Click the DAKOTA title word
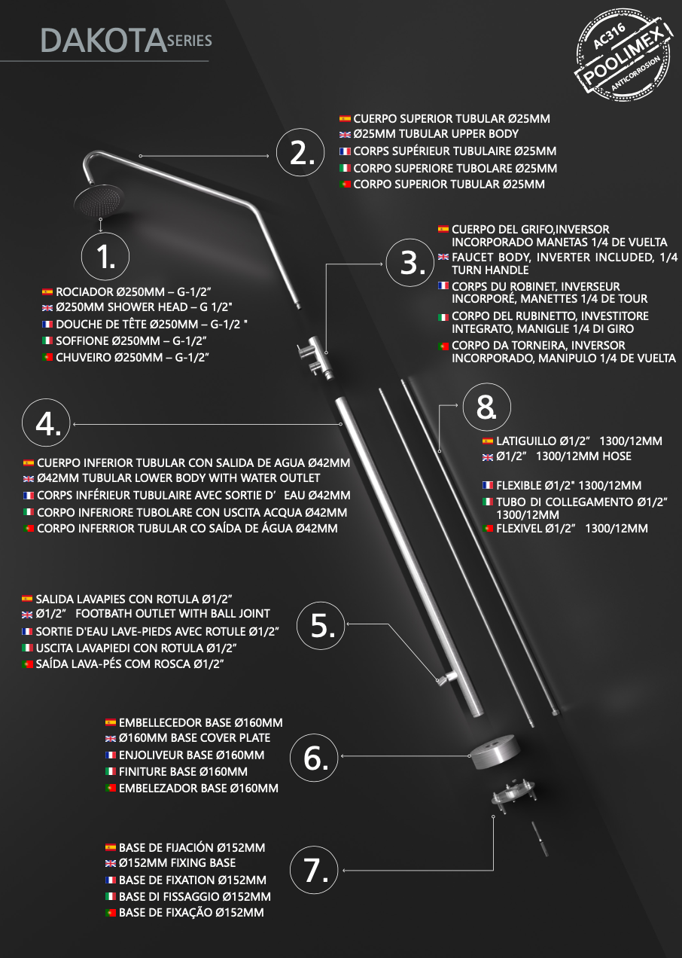click(x=103, y=41)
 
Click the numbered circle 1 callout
click(x=105, y=257)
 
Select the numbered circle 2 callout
click(x=300, y=152)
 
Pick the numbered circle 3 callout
click(x=410, y=263)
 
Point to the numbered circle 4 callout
click(x=46, y=423)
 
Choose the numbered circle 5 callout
click(x=321, y=626)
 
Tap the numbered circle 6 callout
click(x=314, y=758)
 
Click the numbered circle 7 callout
click(x=314, y=869)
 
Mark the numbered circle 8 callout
click(x=486, y=407)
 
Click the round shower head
click(x=99, y=200)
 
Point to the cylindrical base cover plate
click(x=495, y=752)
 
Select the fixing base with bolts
click(x=513, y=795)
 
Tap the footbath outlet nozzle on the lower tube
click(x=447, y=677)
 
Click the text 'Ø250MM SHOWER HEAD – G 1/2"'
click(x=144, y=307)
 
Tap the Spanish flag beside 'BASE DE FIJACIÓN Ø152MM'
click(x=111, y=847)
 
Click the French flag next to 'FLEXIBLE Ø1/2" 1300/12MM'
click(x=488, y=485)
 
